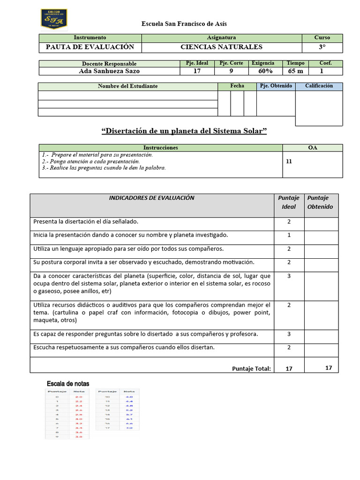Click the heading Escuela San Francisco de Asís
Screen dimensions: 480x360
184,24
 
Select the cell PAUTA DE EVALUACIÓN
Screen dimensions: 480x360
90,47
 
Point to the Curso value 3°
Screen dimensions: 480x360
322,47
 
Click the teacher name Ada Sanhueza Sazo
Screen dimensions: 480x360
109,71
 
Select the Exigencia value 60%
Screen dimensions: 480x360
265,71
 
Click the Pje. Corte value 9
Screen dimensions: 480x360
231,71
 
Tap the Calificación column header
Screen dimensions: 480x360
319,86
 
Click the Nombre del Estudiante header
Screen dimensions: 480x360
127,86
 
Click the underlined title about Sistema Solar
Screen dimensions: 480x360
184,131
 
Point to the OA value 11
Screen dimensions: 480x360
289,161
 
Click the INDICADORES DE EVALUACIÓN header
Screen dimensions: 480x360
151,198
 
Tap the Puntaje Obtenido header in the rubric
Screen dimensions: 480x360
320,202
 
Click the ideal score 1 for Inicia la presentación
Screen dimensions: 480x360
289,235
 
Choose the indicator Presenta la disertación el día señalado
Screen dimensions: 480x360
85,221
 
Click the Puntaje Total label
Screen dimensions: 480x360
251,369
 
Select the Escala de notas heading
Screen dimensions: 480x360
68,384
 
